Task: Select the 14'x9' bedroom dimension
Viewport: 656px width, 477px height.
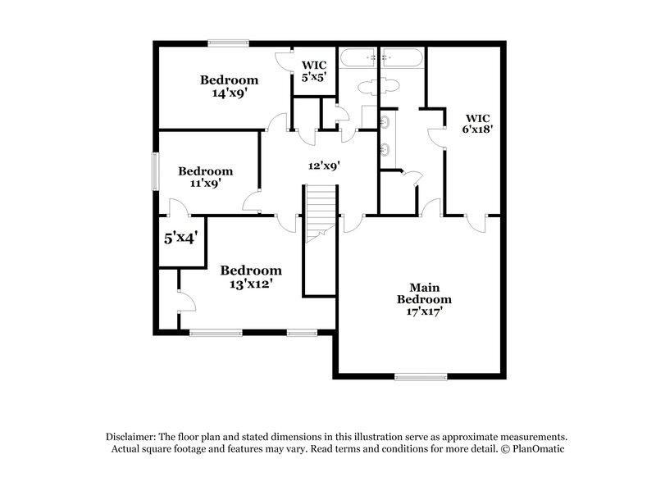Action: click(230, 93)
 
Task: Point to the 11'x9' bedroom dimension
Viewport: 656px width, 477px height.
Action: click(206, 184)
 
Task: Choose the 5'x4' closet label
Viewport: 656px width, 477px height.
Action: click(180, 238)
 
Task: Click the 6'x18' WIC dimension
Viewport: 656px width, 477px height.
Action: click(479, 129)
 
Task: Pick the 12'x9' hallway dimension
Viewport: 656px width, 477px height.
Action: click(324, 166)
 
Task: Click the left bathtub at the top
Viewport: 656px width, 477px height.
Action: click(358, 57)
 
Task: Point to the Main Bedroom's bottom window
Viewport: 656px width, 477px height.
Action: click(417, 376)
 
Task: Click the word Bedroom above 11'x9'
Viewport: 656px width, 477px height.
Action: click(206, 171)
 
